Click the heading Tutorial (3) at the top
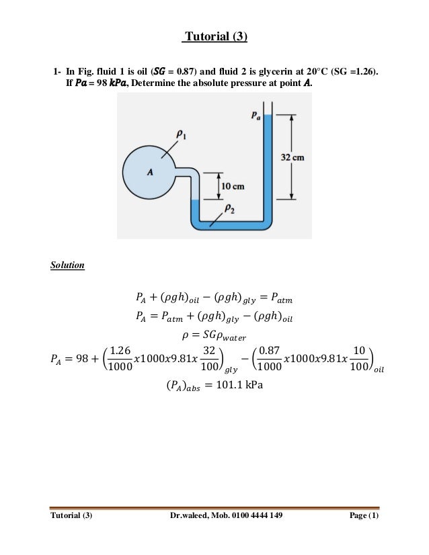click(x=215, y=36)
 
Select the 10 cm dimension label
click(x=232, y=185)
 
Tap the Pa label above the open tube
click(x=257, y=116)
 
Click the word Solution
click(x=68, y=265)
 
